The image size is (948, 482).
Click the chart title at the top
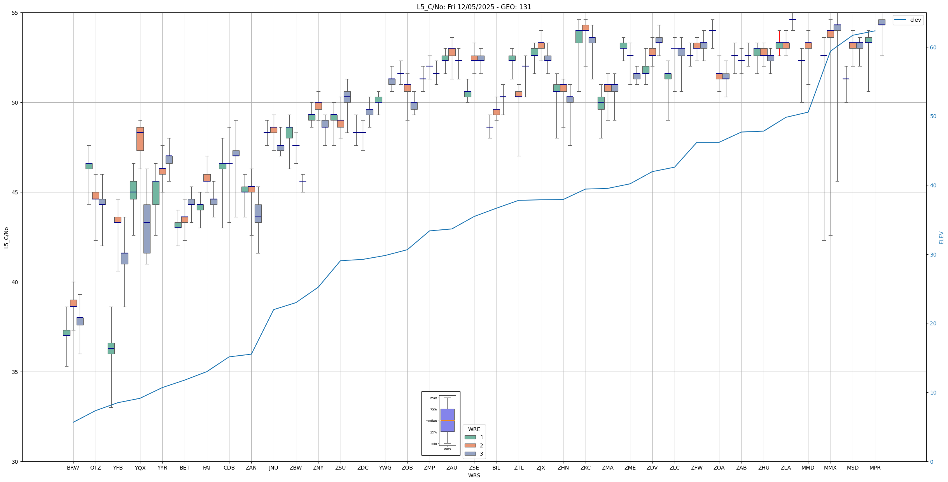[474, 7]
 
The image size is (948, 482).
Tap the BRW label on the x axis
[73, 468]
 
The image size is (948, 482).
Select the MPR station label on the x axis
[875, 468]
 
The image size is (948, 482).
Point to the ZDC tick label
[363, 468]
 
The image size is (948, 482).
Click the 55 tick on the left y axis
[16, 13]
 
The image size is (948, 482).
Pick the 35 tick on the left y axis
[16, 372]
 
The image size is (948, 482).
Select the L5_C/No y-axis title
[6, 238]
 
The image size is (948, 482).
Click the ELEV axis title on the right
[941, 238]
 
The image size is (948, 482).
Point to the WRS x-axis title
[474, 475]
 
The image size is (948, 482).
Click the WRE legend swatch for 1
[470, 437]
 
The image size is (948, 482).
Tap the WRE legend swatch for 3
[470, 454]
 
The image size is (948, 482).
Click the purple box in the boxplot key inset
[447, 420]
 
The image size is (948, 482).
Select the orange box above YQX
[140, 139]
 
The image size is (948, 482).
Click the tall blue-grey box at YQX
[147, 229]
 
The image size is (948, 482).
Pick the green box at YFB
[111, 348]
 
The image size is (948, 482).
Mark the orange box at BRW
[73, 303]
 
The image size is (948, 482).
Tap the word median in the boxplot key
[431, 421]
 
